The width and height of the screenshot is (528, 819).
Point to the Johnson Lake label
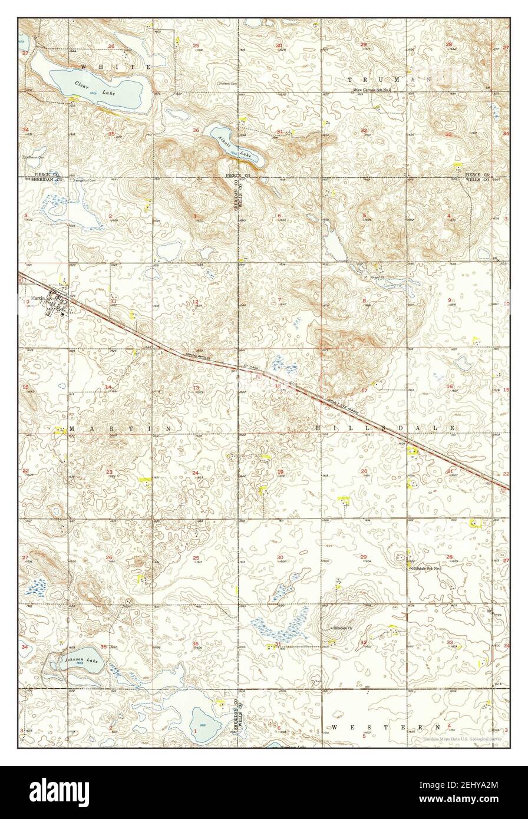click(77, 661)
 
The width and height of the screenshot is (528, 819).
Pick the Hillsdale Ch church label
click(341, 628)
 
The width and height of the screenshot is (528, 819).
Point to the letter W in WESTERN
click(334, 728)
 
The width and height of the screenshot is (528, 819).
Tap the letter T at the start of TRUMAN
click(352, 79)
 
